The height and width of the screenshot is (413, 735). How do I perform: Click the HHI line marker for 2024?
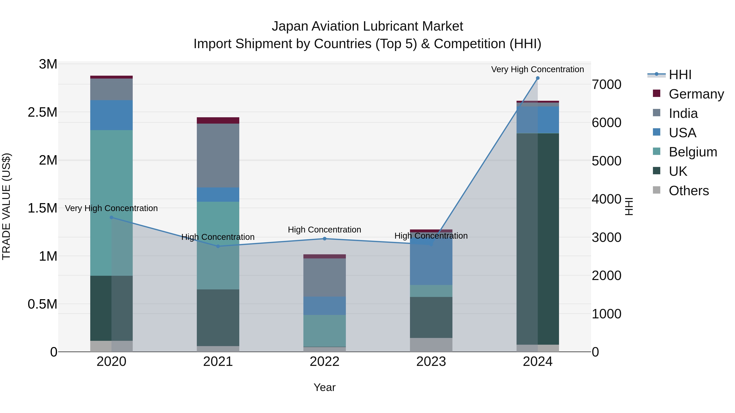538,78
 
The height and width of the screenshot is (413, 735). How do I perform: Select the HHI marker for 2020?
111,217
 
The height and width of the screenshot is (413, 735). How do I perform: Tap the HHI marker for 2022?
324,239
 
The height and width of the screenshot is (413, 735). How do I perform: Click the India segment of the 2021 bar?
218,155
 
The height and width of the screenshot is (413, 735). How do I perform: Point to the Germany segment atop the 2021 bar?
218,120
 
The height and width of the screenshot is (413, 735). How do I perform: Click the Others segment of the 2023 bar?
431,345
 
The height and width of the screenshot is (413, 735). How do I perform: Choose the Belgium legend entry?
693,152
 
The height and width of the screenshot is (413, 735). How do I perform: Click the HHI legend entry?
680,75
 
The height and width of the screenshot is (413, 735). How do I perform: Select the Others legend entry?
688,191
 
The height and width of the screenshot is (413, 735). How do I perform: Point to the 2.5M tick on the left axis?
42,112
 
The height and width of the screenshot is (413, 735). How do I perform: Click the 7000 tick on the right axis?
606,85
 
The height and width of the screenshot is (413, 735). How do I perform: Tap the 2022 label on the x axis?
324,362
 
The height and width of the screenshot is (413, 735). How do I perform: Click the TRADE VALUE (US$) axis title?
7,206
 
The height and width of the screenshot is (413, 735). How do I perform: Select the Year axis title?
324,387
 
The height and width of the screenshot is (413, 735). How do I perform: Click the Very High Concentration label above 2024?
538,69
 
